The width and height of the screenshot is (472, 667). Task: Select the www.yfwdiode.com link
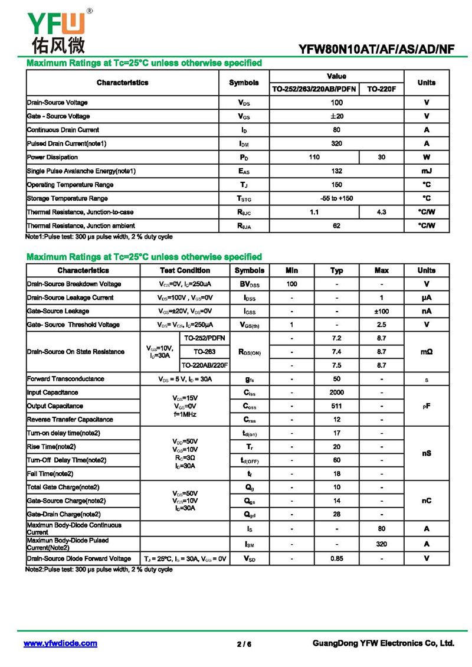point(60,643)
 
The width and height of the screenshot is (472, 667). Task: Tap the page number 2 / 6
point(244,644)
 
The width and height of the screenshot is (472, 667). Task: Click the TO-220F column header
point(381,89)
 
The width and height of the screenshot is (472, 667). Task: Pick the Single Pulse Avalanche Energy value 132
point(336,171)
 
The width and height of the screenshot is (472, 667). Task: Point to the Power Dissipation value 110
point(314,158)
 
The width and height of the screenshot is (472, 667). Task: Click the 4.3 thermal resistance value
point(381,212)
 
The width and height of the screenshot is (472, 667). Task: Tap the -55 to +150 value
point(336,198)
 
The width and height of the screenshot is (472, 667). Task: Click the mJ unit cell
point(426,171)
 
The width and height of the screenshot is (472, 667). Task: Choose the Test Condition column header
point(185,270)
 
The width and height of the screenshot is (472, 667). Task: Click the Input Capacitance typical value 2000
point(336,393)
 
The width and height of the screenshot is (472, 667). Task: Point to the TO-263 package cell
point(204,352)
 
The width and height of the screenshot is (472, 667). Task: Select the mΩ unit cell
point(426,352)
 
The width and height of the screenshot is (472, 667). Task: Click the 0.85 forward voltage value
point(336,558)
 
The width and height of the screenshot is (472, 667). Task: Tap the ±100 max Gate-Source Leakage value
point(381,311)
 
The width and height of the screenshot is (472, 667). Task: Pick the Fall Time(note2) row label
point(50,473)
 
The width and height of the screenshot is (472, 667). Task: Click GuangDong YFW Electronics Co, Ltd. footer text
point(383,643)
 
